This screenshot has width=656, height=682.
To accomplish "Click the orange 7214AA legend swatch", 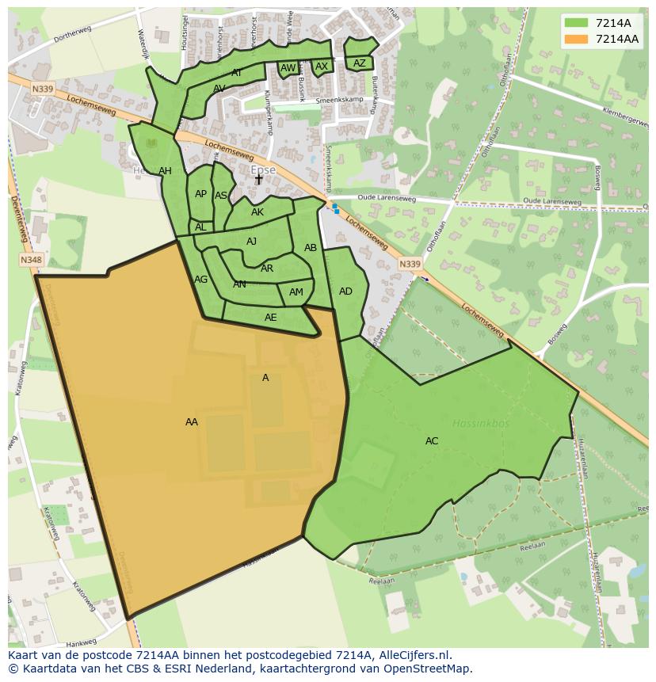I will pyautogui.click(x=576, y=39).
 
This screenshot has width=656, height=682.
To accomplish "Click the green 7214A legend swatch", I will pyautogui.click(x=576, y=23).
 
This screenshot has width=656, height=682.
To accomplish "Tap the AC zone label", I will pyautogui.click(x=432, y=441).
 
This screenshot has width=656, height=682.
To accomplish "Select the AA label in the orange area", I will pyautogui.click(x=192, y=422).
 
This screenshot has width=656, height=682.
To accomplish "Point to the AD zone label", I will pyautogui.click(x=345, y=291).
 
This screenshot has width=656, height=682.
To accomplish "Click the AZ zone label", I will pyautogui.click(x=360, y=63).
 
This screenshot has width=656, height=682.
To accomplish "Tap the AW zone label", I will pyautogui.click(x=288, y=68).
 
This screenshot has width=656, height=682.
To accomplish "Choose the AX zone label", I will pyautogui.click(x=322, y=67).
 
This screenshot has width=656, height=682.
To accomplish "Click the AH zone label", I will pyautogui.click(x=165, y=171).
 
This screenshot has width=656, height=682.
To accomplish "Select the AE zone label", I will pyautogui.click(x=271, y=318).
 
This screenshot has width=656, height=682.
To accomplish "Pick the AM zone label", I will pyautogui.click(x=296, y=292).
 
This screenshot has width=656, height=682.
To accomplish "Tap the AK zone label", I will pyautogui.click(x=257, y=212).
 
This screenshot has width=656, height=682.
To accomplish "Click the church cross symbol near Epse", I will pyautogui.click(x=258, y=180).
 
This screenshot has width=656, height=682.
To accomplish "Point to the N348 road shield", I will pyautogui.click(x=31, y=260).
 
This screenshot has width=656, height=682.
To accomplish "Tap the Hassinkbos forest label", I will pyautogui.click(x=478, y=423).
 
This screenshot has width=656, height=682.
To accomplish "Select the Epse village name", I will pyautogui.click(x=263, y=170).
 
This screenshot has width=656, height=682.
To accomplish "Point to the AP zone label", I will pyautogui.click(x=200, y=194).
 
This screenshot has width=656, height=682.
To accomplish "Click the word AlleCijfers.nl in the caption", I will pyautogui.click(x=410, y=655).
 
